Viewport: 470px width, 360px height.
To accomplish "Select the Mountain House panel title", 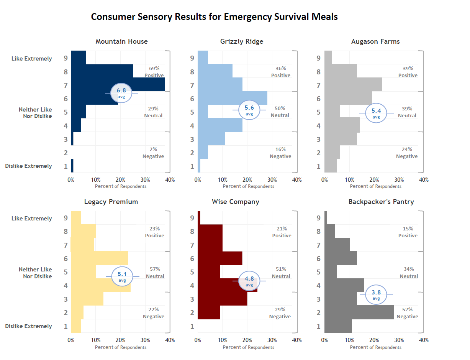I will [x=121, y=41].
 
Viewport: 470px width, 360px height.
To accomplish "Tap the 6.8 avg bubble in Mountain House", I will [x=121, y=93].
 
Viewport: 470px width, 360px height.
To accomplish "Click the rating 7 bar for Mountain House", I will [x=118, y=84].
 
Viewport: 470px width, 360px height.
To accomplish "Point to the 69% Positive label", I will [x=154, y=72].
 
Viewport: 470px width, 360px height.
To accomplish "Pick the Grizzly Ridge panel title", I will [x=242, y=41].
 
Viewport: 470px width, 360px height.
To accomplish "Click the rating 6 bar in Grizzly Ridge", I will [x=233, y=98].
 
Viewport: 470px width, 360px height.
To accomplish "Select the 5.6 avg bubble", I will [x=249, y=110].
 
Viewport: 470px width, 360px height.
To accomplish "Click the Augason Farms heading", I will [x=375, y=41].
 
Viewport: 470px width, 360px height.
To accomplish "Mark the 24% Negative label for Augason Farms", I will [x=407, y=153].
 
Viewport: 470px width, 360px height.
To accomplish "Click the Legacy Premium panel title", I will [x=111, y=202].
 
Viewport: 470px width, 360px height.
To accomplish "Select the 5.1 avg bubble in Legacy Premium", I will [x=122, y=276].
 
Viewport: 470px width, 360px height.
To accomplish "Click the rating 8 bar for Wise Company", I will [x=210, y=231].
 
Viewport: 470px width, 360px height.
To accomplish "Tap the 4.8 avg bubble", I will [x=249, y=281].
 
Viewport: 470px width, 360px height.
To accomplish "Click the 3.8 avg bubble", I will [x=376, y=294].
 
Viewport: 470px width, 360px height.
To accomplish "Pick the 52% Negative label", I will [x=407, y=313].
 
